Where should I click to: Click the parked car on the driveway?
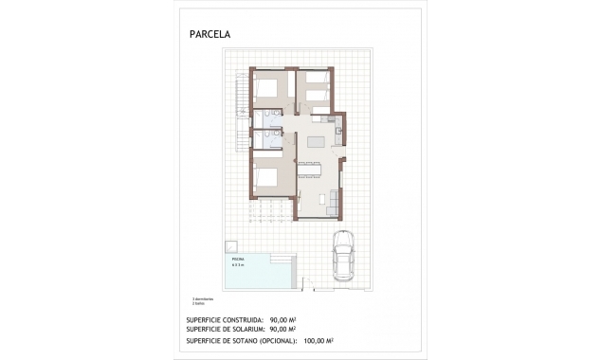point(342,257)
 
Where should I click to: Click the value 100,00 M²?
point(319,340)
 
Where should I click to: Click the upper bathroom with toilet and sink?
point(270,116)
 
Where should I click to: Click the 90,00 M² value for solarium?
point(284,329)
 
